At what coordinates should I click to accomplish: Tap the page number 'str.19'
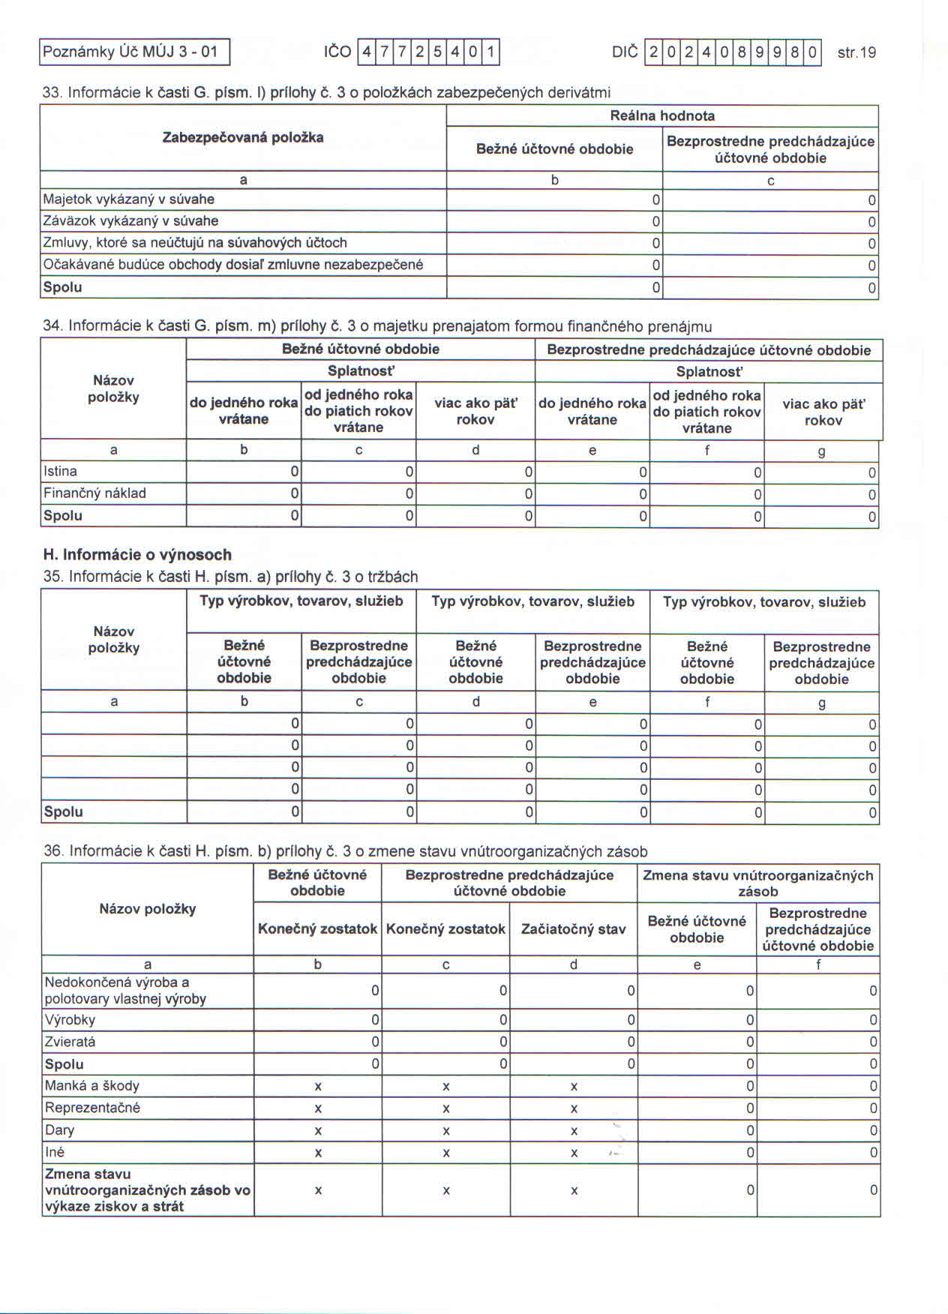(856, 52)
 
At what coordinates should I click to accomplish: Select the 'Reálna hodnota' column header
(662, 115)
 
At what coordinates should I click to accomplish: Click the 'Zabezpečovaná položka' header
(243, 137)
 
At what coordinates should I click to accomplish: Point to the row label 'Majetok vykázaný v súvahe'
(129, 199)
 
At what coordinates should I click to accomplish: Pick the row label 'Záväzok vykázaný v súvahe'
(131, 221)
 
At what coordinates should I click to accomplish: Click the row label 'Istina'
(61, 472)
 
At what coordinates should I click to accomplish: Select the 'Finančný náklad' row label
(94, 493)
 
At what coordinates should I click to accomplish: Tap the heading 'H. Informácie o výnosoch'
(137, 555)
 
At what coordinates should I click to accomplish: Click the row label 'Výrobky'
(70, 1020)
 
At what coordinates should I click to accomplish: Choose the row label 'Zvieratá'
(70, 1042)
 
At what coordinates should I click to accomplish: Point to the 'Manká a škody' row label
(92, 1086)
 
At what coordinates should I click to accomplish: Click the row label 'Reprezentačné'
(93, 1108)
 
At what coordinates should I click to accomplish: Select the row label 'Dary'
(60, 1130)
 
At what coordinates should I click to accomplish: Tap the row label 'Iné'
(55, 1152)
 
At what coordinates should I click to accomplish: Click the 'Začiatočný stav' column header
(573, 929)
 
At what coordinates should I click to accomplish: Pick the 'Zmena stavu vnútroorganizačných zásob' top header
(757, 883)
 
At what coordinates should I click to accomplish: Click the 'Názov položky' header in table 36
(148, 909)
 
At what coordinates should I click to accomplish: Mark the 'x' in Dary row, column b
(318, 1130)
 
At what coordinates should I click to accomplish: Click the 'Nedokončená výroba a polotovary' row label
(125, 991)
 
